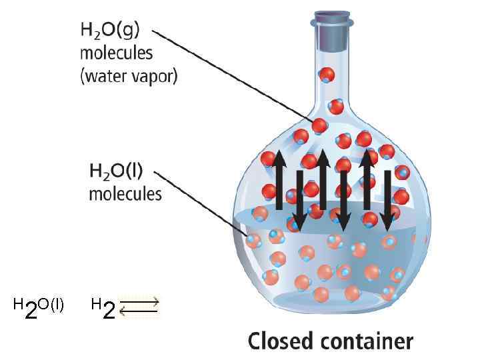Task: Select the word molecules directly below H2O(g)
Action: tap(117, 53)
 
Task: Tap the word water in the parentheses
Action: tap(103, 75)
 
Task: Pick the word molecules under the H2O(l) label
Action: tap(125, 194)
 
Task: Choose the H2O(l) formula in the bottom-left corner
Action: tap(39, 307)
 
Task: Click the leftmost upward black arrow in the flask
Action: tap(279, 180)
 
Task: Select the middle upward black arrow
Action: tap(323, 180)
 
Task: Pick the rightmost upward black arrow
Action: tap(365, 180)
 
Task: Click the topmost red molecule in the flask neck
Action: tap(327, 75)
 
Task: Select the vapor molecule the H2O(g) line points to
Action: tap(319, 125)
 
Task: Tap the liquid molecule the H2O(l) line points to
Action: tap(253, 239)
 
